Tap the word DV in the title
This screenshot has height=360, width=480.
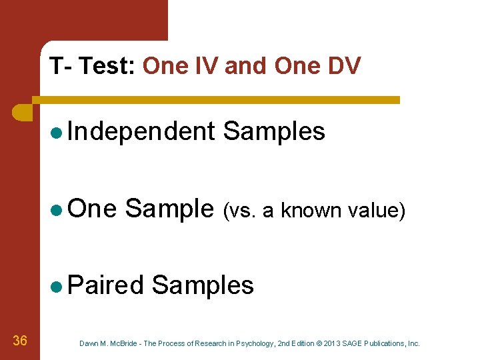(x=345, y=66)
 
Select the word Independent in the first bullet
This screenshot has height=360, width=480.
(x=141, y=131)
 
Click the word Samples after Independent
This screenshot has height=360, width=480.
(x=274, y=131)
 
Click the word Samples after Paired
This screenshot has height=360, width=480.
(x=203, y=285)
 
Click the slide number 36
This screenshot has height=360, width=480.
(x=20, y=341)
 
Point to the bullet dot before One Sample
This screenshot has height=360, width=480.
(x=56, y=209)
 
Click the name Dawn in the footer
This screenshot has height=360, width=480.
(x=89, y=343)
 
